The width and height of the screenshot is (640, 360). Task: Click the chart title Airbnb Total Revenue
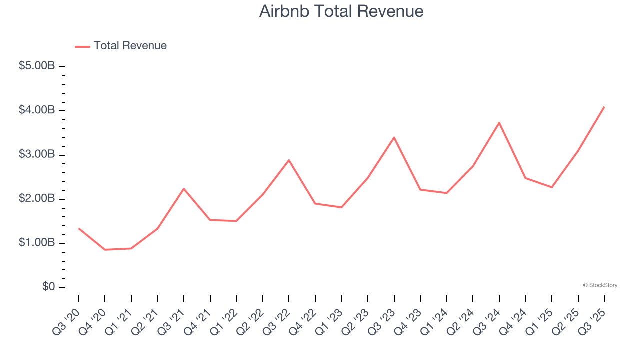pyautogui.click(x=341, y=11)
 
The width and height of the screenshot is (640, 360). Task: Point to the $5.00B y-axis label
pyautogui.click(x=37, y=66)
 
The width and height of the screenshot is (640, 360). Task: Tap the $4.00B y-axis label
pyautogui.click(x=37, y=110)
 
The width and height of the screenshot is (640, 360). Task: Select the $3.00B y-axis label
pyautogui.click(x=37, y=154)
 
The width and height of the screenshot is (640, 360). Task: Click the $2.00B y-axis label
pyautogui.click(x=37, y=198)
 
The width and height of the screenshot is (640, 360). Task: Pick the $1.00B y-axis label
pyautogui.click(x=37, y=243)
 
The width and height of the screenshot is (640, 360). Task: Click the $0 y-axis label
pyautogui.click(x=48, y=287)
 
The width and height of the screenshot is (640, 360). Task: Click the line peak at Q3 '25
pyautogui.click(x=604, y=107)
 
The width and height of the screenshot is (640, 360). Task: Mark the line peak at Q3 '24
pyautogui.click(x=499, y=122)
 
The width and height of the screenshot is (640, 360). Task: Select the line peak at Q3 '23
pyautogui.click(x=394, y=137)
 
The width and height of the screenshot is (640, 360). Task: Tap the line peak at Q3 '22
pyautogui.click(x=289, y=160)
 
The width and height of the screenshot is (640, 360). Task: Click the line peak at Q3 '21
pyautogui.click(x=184, y=189)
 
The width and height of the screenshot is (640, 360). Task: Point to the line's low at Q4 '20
pyautogui.click(x=105, y=249)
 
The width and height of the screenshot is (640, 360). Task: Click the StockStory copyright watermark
pyautogui.click(x=600, y=285)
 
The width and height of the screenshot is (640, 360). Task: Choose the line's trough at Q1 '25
pyautogui.click(x=552, y=187)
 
